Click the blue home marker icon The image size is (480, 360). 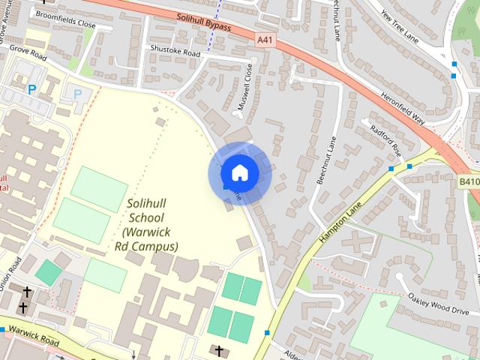pyautogui.click(x=239, y=173)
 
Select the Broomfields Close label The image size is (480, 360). pyautogui.click(x=66, y=24)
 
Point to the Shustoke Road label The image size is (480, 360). pyautogui.click(x=175, y=53)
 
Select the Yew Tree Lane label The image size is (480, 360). pyautogui.click(x=409, y=33)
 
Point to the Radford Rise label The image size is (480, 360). pyautogui.click(x=385, y=139)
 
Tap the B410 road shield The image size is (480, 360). pyautogui.click(x=469, y=181)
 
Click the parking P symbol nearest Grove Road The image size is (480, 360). pyautogui.click(x=32, y=89)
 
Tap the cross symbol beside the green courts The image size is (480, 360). pyautogui.click(x=220, y=349)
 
